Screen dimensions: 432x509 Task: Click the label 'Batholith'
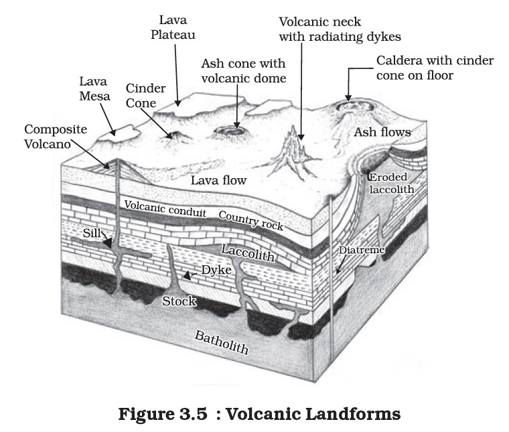(220, 341)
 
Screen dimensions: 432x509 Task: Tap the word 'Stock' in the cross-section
(179, 301)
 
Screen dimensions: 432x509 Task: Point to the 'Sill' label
(92, 233)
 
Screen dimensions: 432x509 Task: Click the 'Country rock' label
(250, 221)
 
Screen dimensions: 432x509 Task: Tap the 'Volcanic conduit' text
(167, 210)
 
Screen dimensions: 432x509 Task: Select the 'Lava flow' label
(218, 181)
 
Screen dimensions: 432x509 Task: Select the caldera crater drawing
(348, 105)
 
